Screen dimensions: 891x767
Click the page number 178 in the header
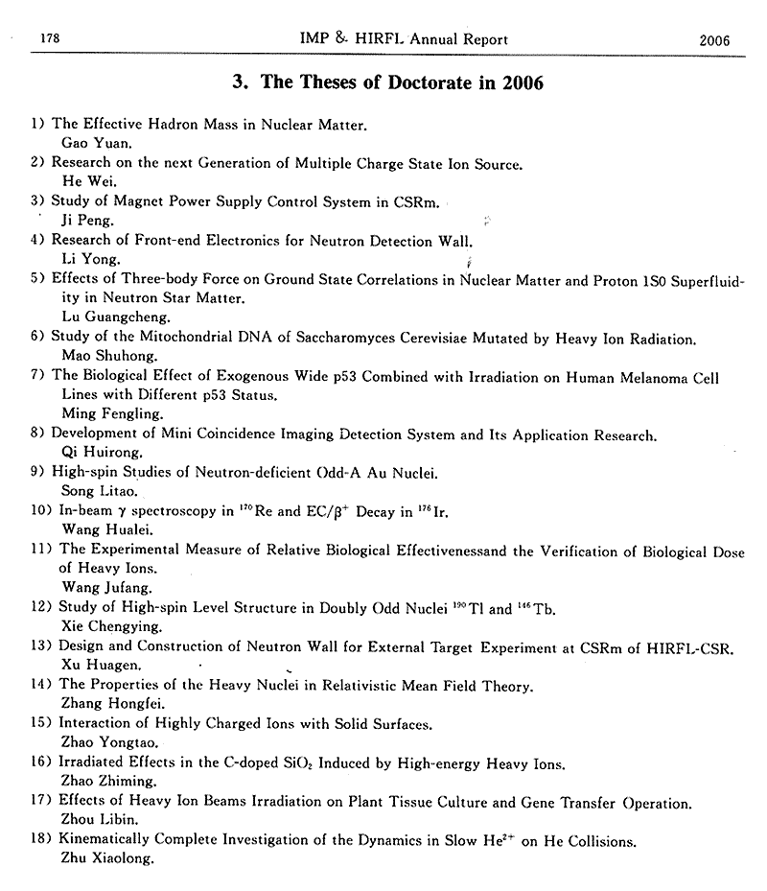46,39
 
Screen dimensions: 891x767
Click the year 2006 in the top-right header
715,40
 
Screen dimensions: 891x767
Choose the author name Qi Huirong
88,453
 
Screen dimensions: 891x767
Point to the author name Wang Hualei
98,528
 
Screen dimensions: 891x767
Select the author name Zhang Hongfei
103,705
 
